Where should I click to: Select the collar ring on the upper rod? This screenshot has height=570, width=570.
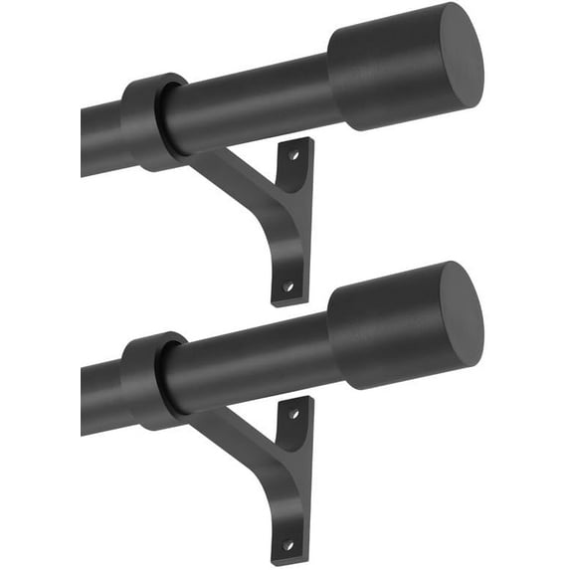click(x=149, y=121)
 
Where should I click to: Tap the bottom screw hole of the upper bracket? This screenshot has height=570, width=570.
click(x=287, y=285)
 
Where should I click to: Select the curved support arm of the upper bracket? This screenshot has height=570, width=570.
click(x=234, y=179)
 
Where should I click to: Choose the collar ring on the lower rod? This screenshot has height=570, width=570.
click(x=149, y=381)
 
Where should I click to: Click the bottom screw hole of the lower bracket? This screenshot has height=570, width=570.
click(x=287, y=545)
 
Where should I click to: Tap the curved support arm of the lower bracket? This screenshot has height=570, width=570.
click(x=234, y=438)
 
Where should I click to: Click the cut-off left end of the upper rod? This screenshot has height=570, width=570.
click(x=84, y=141)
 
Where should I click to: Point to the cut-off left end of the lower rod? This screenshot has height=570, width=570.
click(x=84, y=400)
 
